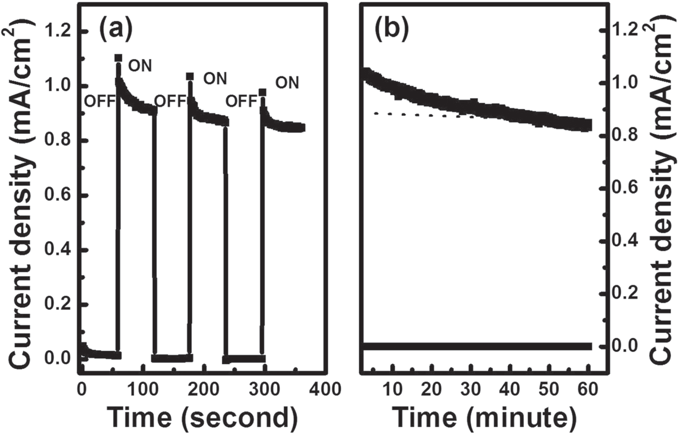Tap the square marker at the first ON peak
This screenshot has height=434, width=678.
118,58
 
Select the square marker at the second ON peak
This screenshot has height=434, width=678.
190,76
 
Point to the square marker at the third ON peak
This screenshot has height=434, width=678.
263,92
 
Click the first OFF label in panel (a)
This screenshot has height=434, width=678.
99,102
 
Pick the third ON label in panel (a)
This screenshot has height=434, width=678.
287,83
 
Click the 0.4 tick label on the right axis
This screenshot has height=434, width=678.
624,240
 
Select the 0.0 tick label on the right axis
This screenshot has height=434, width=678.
624,346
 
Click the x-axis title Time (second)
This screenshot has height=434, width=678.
203,417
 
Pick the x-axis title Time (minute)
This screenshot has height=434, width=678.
485,417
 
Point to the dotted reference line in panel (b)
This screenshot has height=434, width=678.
423,114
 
